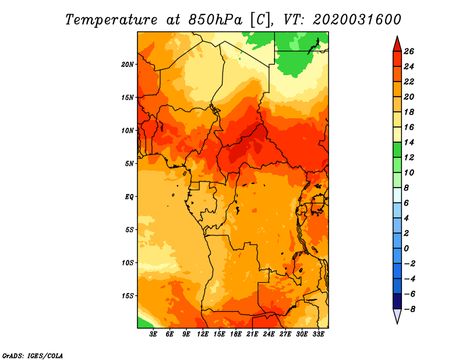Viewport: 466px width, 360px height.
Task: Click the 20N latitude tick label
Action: pos(128,65)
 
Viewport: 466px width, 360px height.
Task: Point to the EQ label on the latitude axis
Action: pos(129,197)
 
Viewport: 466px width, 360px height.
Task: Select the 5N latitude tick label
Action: pos(129,164)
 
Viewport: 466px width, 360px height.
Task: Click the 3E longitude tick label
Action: pos(153,334)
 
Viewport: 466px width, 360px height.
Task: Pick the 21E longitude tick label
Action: pos(252,334)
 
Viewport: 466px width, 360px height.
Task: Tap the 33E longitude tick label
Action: pos(318,334)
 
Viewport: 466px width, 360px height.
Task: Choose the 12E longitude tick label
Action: pos(202,334)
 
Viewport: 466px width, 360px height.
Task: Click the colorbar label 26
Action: pos(409,51)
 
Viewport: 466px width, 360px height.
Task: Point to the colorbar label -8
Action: pos(409,309)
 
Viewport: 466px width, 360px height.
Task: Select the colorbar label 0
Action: pos(407,248)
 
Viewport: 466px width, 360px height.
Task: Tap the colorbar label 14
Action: pos(409,142)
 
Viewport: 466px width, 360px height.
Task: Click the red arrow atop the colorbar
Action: pos(397,44)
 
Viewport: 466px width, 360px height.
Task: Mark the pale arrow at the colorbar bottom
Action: pos(397,316)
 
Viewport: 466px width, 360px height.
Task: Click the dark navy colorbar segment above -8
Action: pos(397,301)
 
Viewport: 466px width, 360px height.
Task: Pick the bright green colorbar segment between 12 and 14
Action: pos(397,150)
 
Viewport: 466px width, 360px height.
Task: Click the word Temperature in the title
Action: pos(111,20)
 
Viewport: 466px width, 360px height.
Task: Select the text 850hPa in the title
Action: pos(216,20)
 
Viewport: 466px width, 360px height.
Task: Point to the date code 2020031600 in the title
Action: pos(357,20)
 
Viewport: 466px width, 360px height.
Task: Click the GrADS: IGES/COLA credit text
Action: pos(33,356)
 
